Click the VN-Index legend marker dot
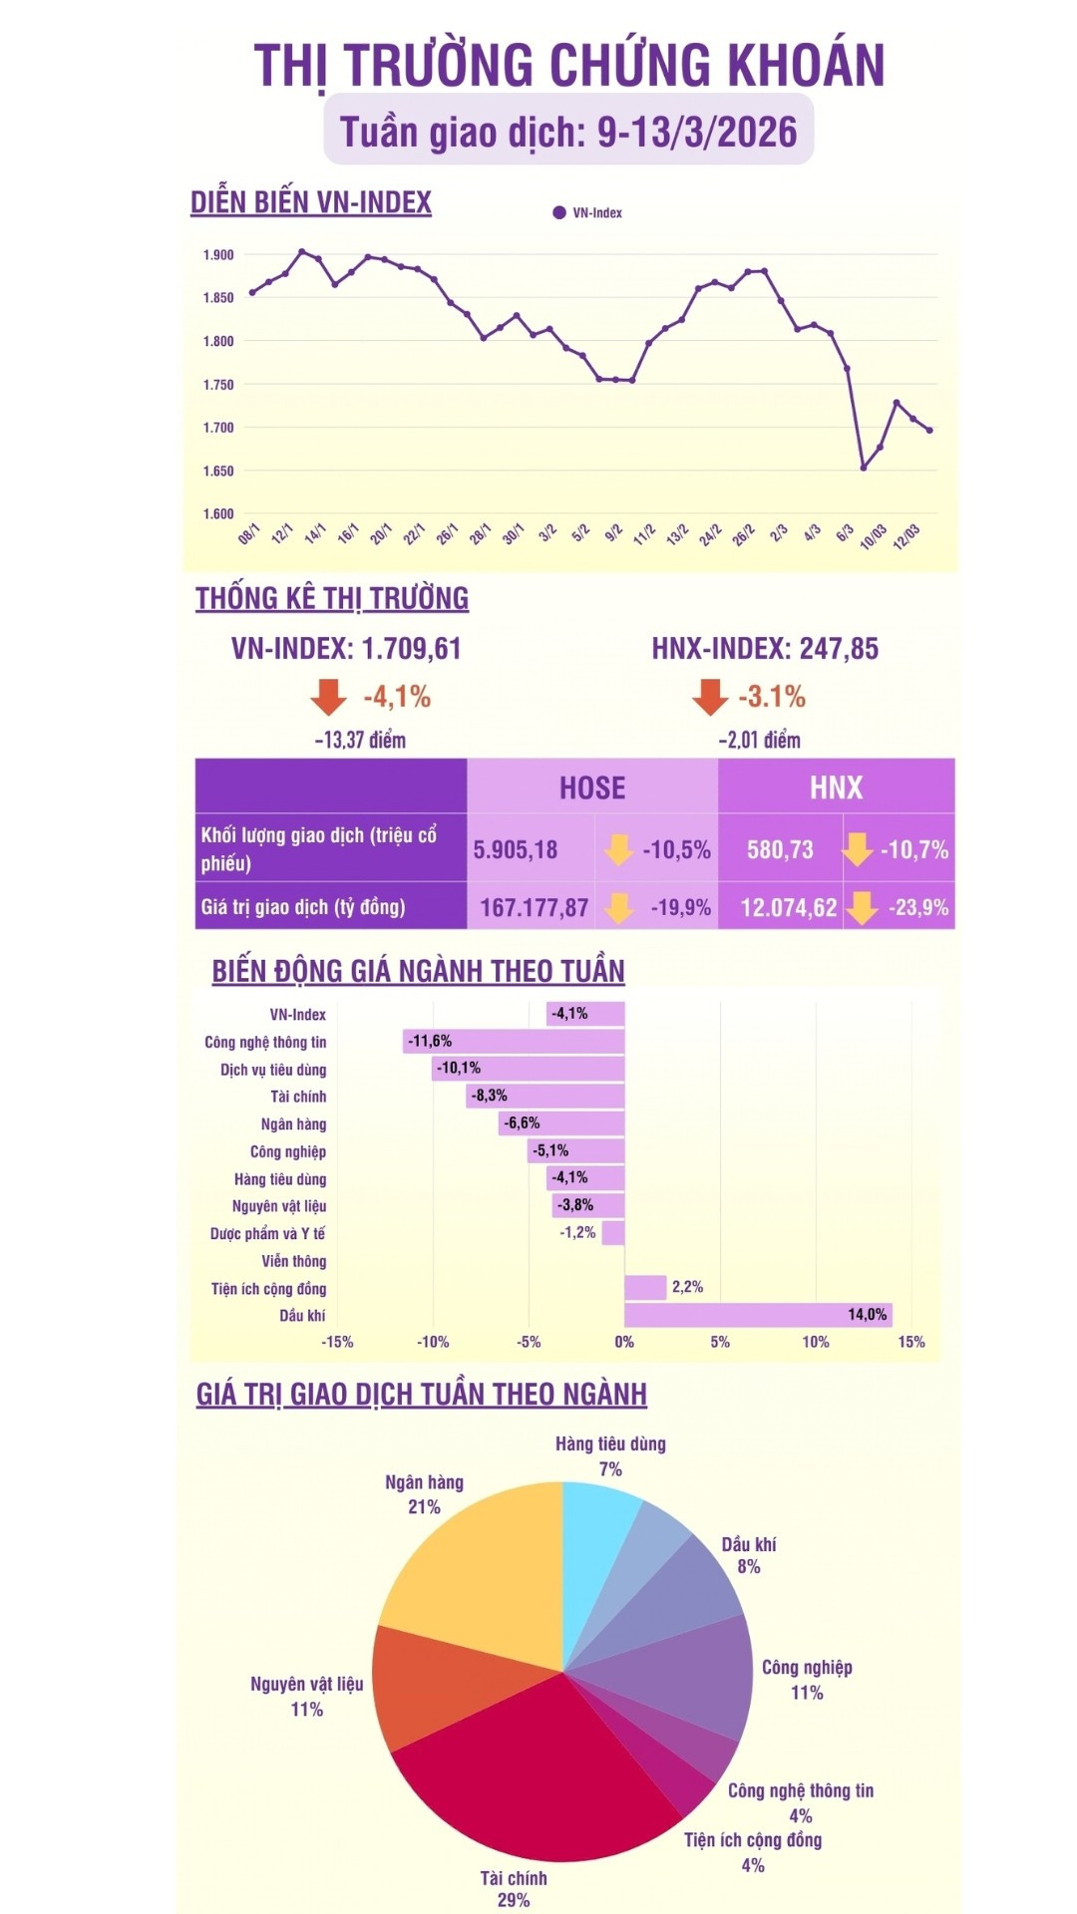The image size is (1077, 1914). point(559,212)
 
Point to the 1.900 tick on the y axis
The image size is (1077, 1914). point(218,255)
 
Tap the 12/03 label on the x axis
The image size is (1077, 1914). point(905,536)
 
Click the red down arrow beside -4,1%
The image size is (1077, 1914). point(328,697)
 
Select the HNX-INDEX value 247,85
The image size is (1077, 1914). point(839,649)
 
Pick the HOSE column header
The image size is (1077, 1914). point(592,788)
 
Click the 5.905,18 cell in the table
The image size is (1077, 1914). point(516,849)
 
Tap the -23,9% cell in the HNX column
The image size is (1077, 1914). point(917,907)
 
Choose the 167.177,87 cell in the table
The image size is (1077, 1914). point(535,907)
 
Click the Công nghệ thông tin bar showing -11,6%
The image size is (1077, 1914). point(515,1042)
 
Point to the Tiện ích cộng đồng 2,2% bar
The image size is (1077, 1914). point(645,1287)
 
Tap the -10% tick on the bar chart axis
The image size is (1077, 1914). point(433,1342)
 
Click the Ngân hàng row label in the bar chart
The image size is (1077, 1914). point(293,1124)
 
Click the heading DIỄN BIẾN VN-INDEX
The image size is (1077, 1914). point(311,202)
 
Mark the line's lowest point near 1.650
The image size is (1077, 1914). point(864,468)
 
